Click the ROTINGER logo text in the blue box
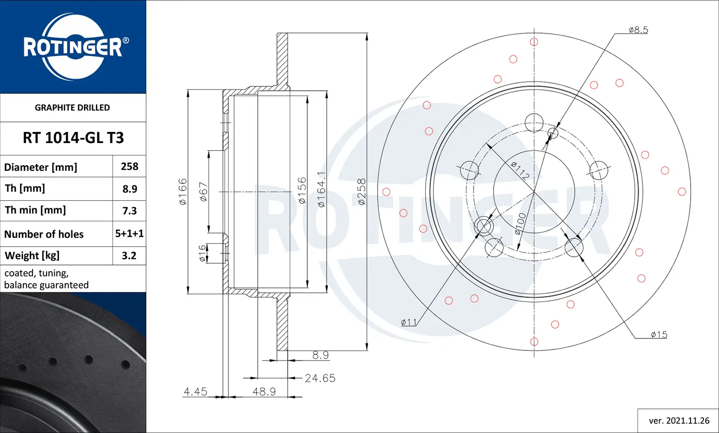point(73,47)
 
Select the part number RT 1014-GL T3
point(73,138)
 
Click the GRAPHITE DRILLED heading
point(72,108)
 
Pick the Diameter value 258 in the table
point(129,167)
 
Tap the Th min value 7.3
point(129,211)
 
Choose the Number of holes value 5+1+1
point(129,233)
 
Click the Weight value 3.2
point(129,255)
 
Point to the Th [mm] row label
point(25,188)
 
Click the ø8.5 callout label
point(638,30)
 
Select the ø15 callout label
point(659,335)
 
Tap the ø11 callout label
point(409,322)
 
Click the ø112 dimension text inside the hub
point(520,170)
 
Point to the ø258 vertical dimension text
point(361,192)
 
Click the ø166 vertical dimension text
point(183,192)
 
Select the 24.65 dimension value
point(320,378)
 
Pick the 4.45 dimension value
point(196,392)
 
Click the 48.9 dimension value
point(264,392)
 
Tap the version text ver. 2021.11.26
point(679,421)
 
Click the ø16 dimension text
point(202,253)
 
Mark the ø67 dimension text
point(203,192)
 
